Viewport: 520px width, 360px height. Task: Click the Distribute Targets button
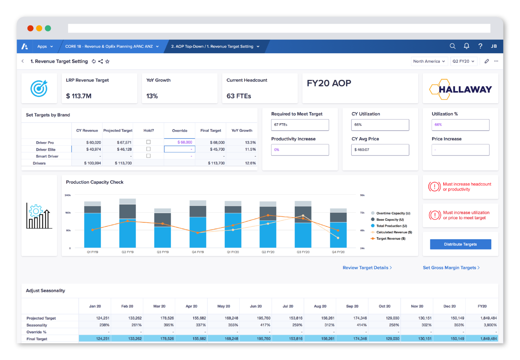[460, 244]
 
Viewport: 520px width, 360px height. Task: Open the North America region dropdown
[429, 61]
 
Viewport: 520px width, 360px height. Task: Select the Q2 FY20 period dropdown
[463, 61]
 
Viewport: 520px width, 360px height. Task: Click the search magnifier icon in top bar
[452, 46]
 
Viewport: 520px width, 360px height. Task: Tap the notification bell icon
[466, 46]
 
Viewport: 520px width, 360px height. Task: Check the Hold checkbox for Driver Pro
[149, 142]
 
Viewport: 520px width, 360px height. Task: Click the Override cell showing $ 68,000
[180, 142]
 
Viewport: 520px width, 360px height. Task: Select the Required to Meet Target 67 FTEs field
[300, 125]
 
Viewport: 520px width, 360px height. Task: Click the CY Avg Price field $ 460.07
[380, 150]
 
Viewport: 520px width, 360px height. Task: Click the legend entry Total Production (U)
[391, 226]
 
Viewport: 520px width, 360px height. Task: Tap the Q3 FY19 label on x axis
[163, 252]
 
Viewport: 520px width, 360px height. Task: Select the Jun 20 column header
[256, 306]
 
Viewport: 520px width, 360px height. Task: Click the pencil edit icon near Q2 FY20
[486, 61]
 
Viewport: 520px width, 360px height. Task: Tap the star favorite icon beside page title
[107, 61]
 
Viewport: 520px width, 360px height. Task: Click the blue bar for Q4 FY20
[338, 235]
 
